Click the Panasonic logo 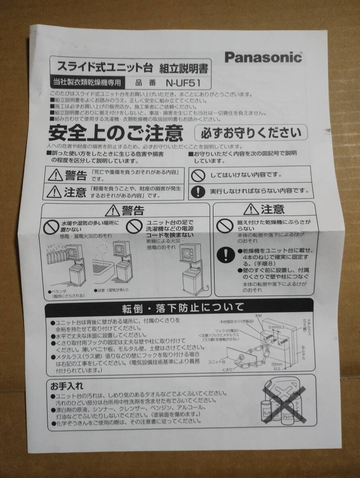(263, 57)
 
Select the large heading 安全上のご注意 (116, 133)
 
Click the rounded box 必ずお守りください (250, 131)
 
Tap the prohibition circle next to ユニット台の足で (134, 227)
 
